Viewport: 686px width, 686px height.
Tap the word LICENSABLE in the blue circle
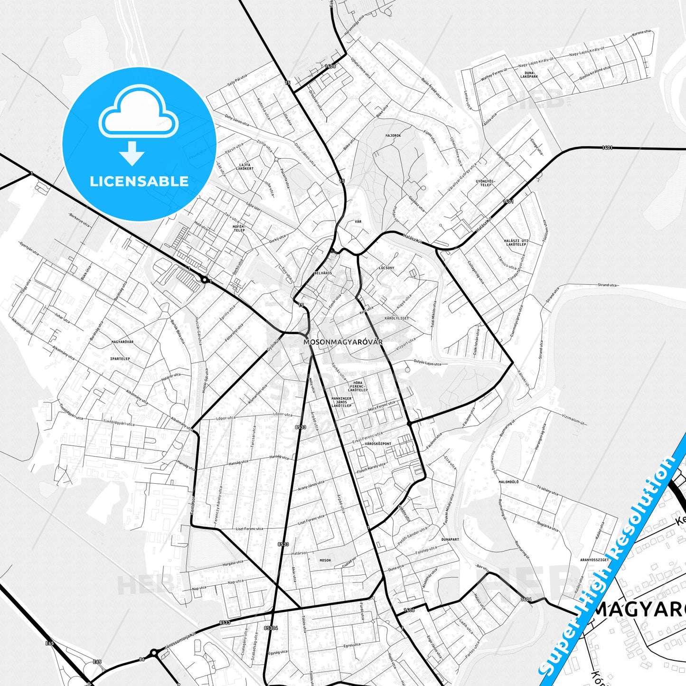coord(139,181)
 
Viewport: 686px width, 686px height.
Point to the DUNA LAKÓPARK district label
coord(529,75)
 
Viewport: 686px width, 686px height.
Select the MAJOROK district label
coord(393,136)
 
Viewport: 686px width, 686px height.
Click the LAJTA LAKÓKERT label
coord(245,167)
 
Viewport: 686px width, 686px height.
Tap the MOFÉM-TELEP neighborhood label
coord(239,228)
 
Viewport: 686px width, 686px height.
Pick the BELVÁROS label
coord(323,273)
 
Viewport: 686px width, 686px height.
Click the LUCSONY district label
coord(386,268)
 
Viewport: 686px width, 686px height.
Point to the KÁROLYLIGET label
coord(396,318)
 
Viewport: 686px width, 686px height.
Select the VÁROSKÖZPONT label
coord(378,444)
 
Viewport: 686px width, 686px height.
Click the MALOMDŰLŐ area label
coord(508,482)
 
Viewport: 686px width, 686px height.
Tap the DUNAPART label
coord(450,540)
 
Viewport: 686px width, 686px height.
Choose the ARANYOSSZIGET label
coord(594,560)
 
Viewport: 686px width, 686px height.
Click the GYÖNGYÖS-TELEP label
coord(486,183)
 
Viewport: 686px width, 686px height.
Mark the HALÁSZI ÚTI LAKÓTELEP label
coord(515,243)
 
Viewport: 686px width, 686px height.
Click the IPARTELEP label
coord(120,359)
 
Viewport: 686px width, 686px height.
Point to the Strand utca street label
coord(607,285)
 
